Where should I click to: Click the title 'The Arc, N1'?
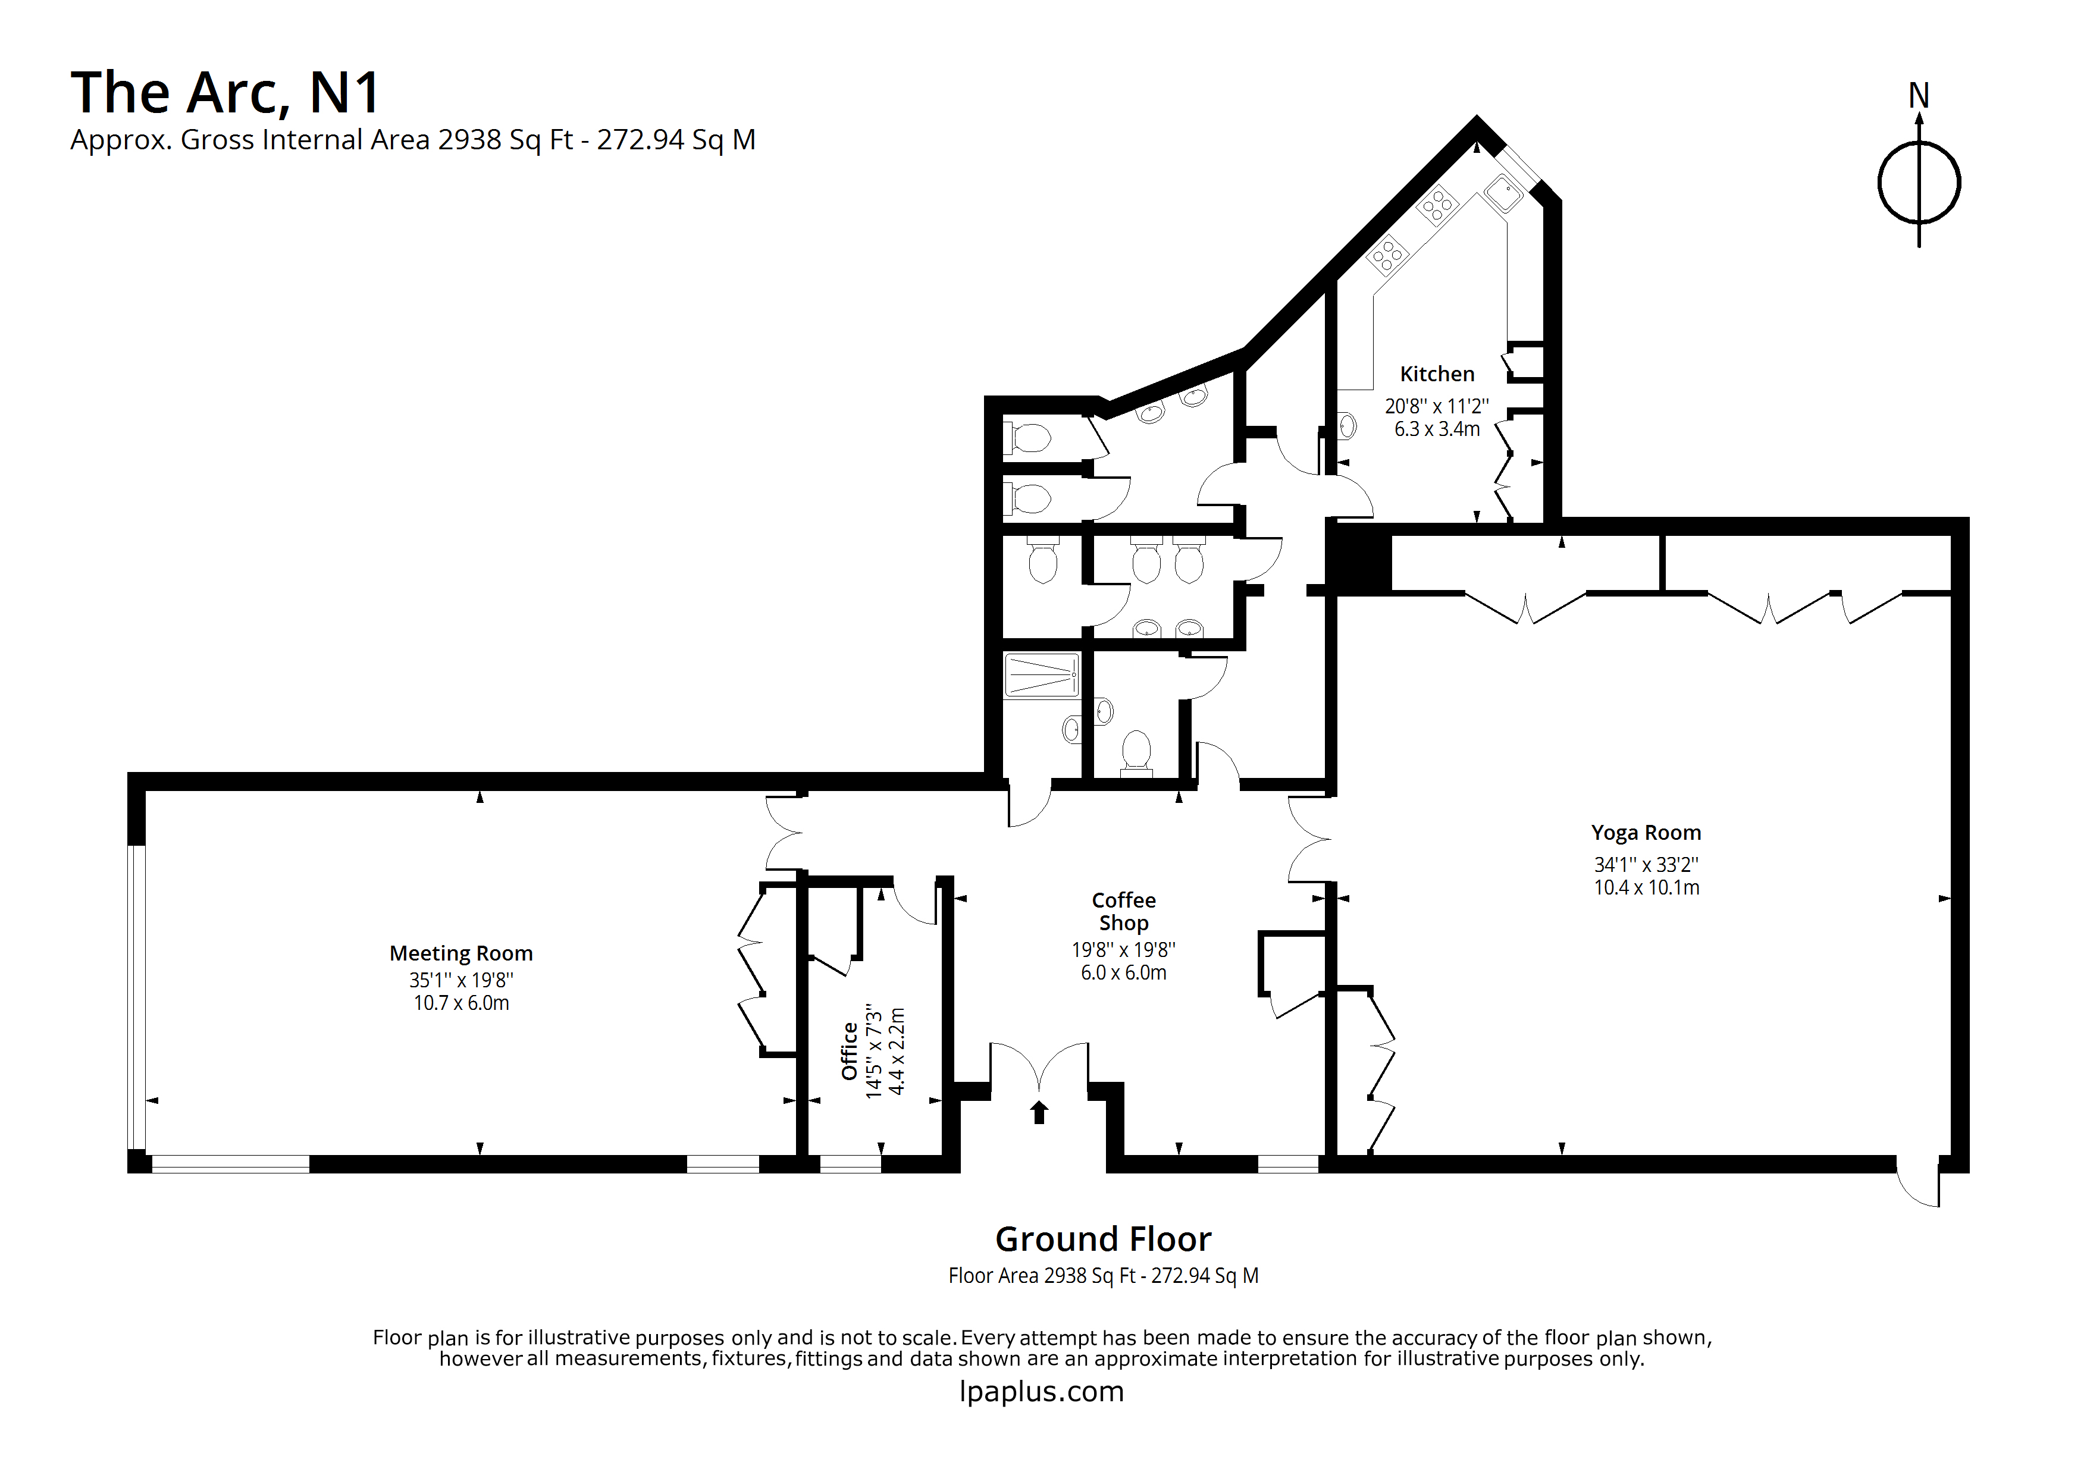225,93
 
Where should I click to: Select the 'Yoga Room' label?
1646,833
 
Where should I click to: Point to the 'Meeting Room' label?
461,953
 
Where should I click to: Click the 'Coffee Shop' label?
1123,912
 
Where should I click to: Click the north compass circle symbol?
1919,183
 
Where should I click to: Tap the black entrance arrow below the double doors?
1039,1112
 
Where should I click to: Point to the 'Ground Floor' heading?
1104,1239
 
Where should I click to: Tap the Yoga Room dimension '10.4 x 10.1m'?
1646,888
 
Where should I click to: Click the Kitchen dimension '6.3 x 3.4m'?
1437,429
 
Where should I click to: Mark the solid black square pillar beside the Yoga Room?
1361,561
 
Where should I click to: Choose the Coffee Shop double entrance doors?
1039,1065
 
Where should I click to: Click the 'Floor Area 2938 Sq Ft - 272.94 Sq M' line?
1104,1276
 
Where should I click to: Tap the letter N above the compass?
1919,95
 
